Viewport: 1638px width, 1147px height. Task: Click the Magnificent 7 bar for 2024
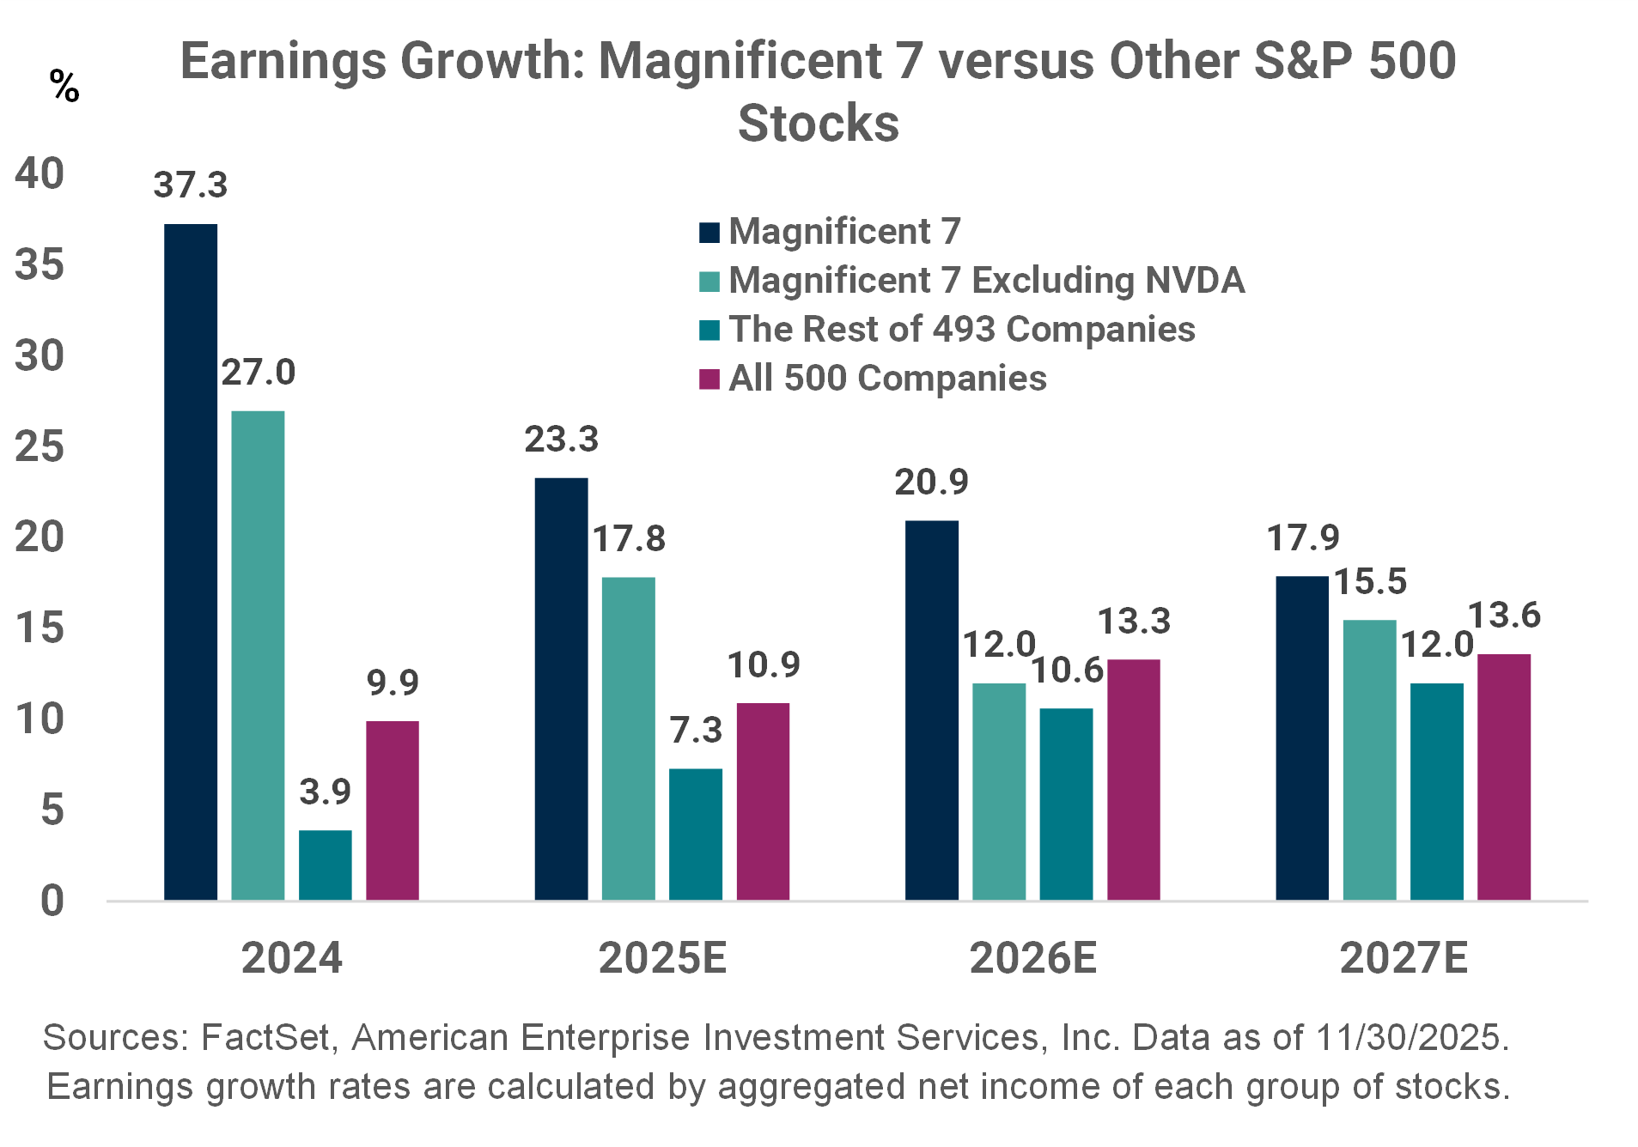191,562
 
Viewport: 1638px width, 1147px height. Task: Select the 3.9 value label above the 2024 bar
325,791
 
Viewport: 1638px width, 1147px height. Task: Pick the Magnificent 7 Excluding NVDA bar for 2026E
999,791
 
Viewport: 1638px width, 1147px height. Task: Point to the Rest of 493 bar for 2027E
1436,791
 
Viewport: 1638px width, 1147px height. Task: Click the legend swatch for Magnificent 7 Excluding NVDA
709,282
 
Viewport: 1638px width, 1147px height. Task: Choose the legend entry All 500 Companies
887,379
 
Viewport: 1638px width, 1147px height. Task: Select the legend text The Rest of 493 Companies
962,330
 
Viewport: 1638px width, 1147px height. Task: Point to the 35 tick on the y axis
40,264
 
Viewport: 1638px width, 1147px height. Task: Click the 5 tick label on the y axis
52,810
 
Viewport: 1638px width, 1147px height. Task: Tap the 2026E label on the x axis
1033,957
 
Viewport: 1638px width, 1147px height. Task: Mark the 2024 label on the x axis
291,957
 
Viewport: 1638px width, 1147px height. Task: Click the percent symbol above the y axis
64,87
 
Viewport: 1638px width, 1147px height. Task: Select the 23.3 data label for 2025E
561,440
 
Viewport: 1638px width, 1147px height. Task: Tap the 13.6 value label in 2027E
1504,616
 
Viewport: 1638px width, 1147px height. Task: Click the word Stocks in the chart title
819,124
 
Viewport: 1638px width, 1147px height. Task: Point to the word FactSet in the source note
265,1037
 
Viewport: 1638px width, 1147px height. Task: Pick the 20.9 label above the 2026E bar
931,482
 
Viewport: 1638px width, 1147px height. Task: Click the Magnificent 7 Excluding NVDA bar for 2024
258,655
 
